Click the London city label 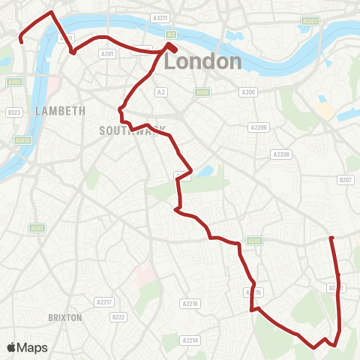click(202, 61)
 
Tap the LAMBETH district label click(60, 111)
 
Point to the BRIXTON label click(64, 317)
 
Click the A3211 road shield click(159, 17)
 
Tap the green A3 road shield click(172, 34)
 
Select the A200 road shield click(248, 91)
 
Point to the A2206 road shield click(259, 127)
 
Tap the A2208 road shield click(280, 154)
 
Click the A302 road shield click(13, 82)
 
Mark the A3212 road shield click(22, 139)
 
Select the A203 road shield click(36, 227)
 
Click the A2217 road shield click(103, 301)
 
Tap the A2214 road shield click(190, 340)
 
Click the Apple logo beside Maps click(11, 347)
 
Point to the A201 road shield click(107, 54)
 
